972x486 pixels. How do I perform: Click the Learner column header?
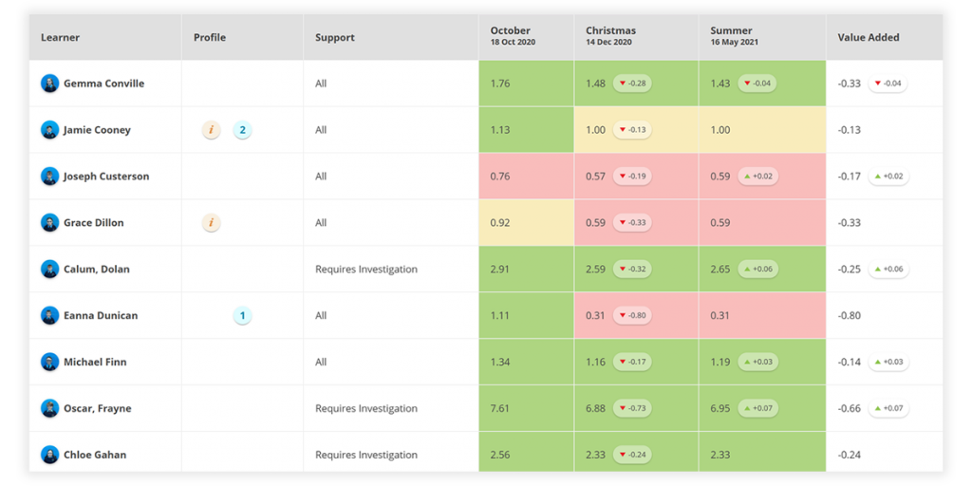60,38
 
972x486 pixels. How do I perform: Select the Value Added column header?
868,38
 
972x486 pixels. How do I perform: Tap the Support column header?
334,38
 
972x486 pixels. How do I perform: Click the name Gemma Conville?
103,84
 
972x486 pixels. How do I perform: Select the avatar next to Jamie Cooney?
49,130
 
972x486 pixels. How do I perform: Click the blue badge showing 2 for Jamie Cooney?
242,130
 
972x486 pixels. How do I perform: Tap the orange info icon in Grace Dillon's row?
212,223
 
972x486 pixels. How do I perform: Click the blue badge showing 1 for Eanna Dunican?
242,316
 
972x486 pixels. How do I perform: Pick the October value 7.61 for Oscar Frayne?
500,408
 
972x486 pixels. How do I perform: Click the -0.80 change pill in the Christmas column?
632,316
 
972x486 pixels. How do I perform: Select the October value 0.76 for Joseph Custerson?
500,177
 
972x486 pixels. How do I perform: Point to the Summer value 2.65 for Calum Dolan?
720,270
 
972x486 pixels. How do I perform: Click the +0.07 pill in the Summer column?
757,408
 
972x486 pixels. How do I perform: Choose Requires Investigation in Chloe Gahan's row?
365,455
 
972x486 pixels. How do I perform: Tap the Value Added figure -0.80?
849,316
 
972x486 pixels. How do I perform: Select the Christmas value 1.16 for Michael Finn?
595,362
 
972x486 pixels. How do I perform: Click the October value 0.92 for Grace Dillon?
500,223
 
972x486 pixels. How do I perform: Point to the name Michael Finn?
95,362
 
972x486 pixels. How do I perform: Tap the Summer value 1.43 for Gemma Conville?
720,84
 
